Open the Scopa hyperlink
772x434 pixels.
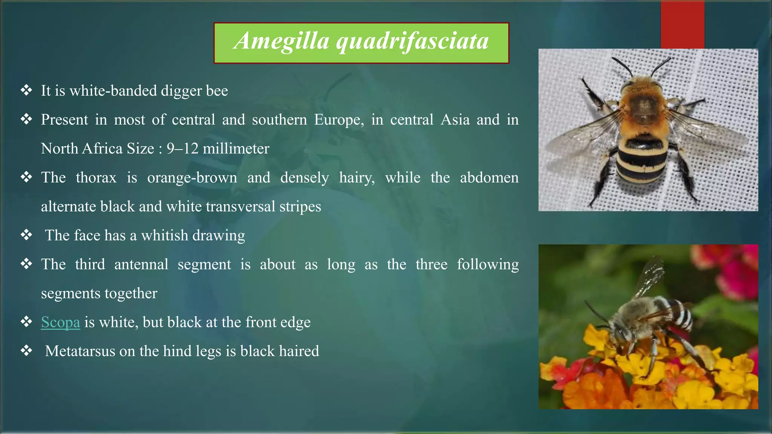pos(60,322)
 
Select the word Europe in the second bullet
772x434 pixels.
pos(339,120)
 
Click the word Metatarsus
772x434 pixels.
pos(80,351)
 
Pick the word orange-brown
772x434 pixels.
pos(192,178)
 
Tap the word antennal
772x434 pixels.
pos(141,264)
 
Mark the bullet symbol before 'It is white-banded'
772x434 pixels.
pos(26,90)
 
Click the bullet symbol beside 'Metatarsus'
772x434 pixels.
pos(26,351)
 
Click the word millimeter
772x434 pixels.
pos(236,149)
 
